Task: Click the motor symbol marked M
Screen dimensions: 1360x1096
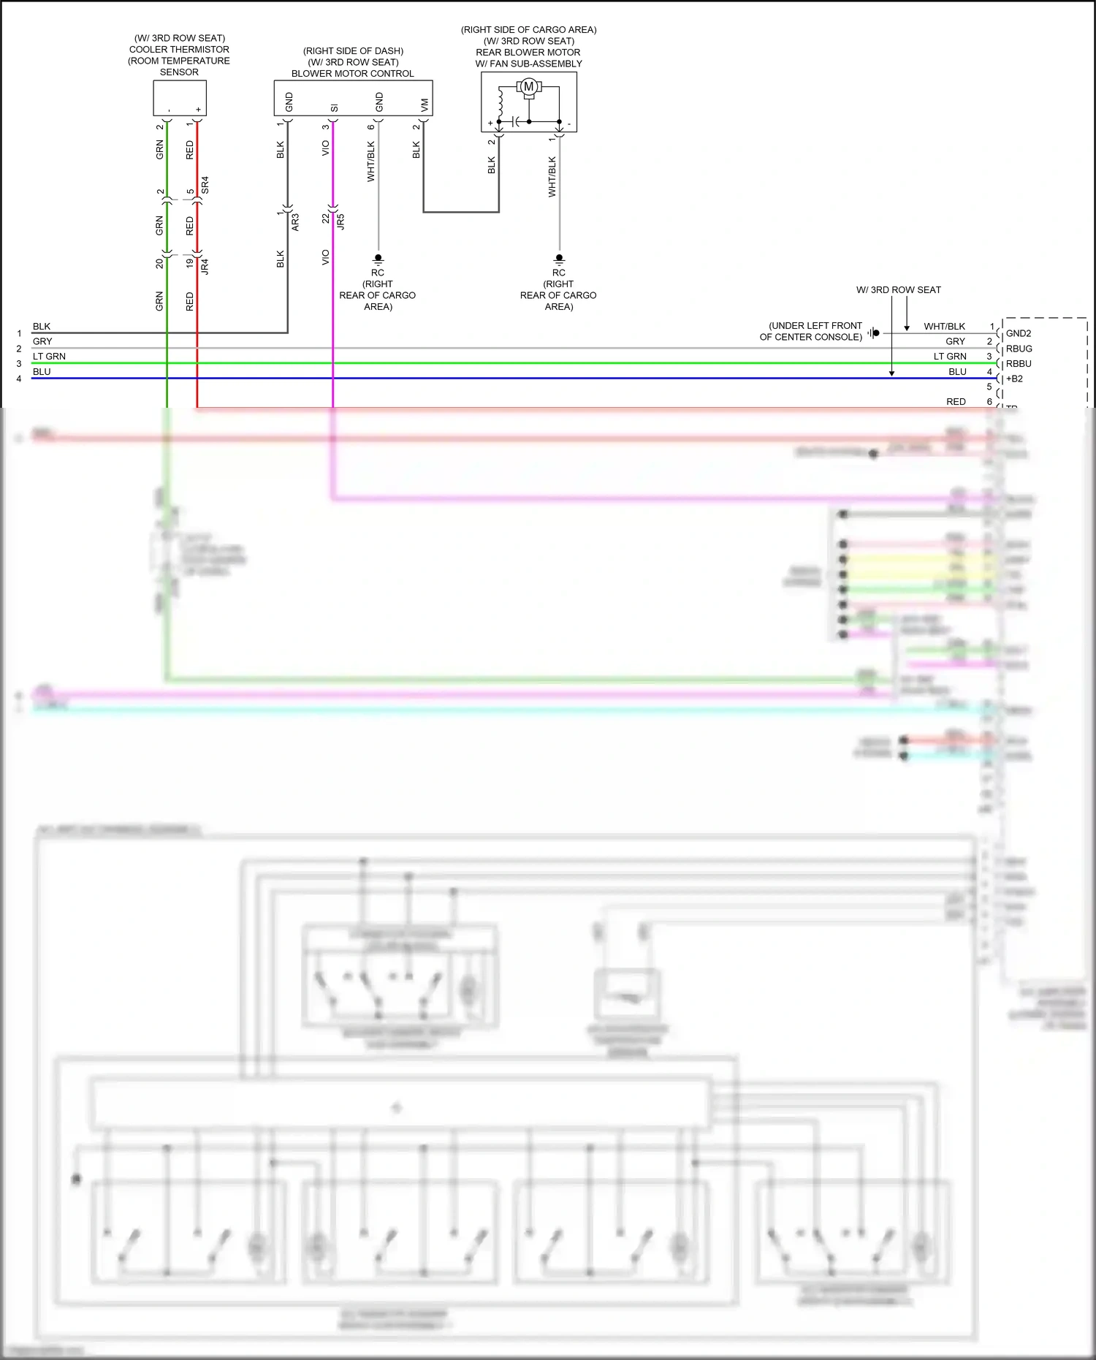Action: coord(528,87)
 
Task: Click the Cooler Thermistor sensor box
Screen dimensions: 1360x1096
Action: coord(180,97)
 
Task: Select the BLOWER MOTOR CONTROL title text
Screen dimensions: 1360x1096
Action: coord(352,74)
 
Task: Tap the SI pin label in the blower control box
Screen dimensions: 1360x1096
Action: coord(334,108)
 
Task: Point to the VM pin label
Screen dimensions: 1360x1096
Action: coord(424,105)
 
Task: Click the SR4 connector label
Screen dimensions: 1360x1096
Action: coord(205,185)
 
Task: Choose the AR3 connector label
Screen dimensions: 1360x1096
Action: coord(295,222)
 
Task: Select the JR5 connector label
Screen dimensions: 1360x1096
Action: coord(340,222)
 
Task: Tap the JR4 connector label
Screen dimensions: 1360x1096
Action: coord(205,267)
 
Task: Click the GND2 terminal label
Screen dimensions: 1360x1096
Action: coord(1019,334)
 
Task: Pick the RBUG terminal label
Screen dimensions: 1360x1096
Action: coord(1019,349)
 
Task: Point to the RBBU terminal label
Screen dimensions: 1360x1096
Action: coord(1019,364)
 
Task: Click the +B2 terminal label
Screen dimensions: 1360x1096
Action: coord(1015,379)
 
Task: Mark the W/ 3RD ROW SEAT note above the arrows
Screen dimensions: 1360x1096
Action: coord(898,290)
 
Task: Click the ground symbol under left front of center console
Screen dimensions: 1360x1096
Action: coord(874,333)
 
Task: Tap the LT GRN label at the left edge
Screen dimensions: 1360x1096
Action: coord(49,357)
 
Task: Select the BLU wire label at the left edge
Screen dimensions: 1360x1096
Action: coord(42,372)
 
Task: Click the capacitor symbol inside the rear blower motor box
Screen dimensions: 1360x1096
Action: coord(516,121)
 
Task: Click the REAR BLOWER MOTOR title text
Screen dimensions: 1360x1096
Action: coord(528,53)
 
